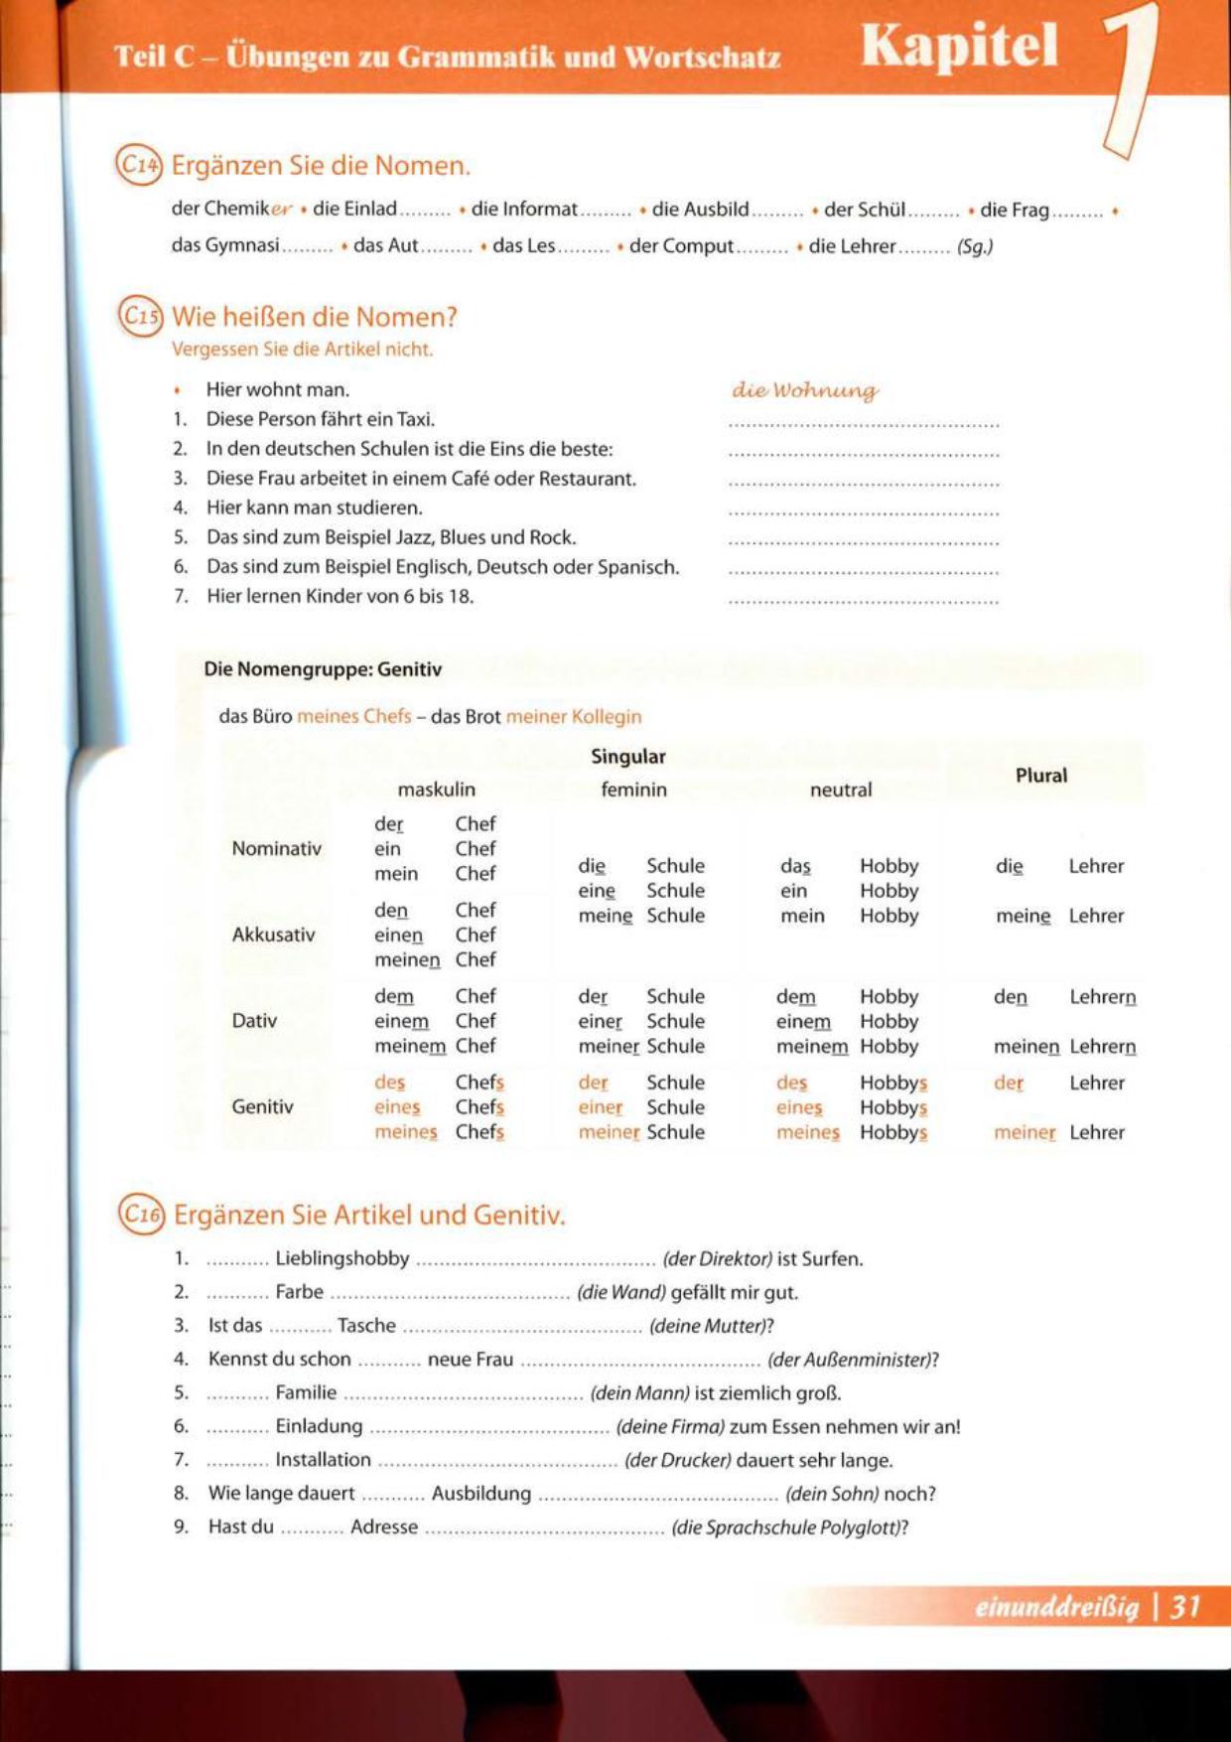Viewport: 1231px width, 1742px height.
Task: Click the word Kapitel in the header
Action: point(959,47)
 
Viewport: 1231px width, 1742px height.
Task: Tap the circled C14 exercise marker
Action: point(139,165)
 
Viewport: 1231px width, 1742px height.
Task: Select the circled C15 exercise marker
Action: point(140,317)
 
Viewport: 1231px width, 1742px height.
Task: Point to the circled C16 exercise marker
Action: point(140,1214)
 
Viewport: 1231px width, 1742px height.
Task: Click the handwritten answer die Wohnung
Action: point(805,390)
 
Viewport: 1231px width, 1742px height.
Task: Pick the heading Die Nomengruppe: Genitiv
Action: point(323,669)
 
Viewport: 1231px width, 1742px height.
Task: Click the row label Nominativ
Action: point(276,848)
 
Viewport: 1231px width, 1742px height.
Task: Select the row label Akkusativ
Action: point(273,934)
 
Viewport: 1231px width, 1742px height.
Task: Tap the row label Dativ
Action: point(254,1020)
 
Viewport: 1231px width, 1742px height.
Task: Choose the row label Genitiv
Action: point(262,1106)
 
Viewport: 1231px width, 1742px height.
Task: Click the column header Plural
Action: point(1040,776)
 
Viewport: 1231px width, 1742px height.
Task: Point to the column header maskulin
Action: point(436,790)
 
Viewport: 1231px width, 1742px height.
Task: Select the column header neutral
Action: point(840,790)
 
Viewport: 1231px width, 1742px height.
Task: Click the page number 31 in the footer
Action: point(1184,1606)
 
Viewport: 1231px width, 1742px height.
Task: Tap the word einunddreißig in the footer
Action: point(1056,1607)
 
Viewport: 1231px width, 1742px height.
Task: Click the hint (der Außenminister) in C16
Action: point(852,1360)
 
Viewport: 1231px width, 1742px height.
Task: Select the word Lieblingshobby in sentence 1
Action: point(342,1258)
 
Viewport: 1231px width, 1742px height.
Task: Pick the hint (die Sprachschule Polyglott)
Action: point(788,1527)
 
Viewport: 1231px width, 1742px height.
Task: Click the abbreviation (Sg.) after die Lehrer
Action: point(974,246)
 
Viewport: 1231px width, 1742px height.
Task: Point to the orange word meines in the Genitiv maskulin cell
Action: point(405,1132)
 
